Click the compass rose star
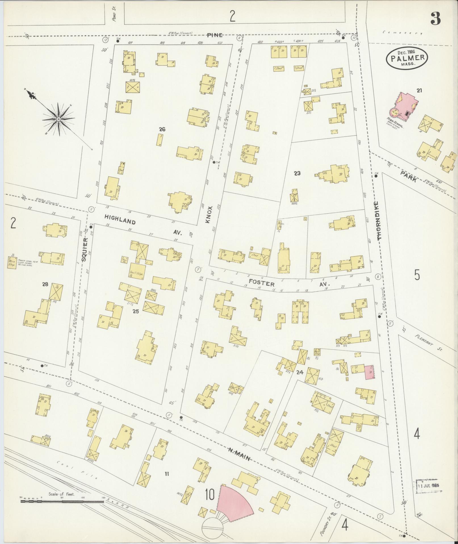pyautogui.click(x=58, y=119)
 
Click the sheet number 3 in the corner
pyautogui.click(x=435, y=18)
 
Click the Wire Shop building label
pyautogui.click(x=12, y=262)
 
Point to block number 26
pyautogui.click(x=162, y=129)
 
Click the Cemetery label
pyautogui.click(x=402, y=33)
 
